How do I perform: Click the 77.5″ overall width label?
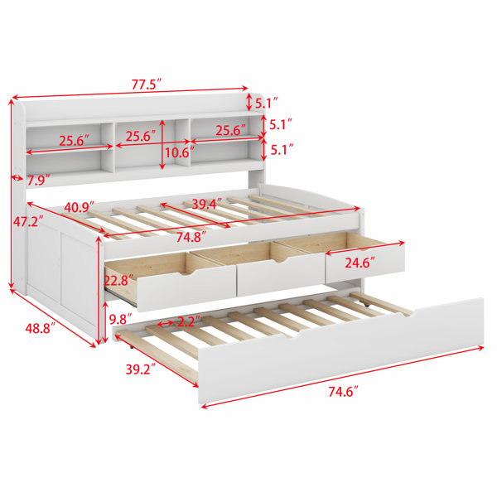(x=147, y=85)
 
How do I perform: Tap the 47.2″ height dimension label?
(x=28, y=221)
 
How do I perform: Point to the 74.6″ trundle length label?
(x=343, y=392)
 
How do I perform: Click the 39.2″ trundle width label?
(x=141, y=369)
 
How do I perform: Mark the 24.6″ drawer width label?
(x=360, y=263)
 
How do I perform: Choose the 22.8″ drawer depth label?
(x=118, y=281)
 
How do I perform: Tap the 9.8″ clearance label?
(x=120, y=319)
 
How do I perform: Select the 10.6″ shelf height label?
(x=177, y=153)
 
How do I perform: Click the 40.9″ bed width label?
(x=80, y=207)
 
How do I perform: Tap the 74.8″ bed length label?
(x=191, y=237)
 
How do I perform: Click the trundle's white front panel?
(x=341, y=351)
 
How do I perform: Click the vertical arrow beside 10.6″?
(x=162, y=144)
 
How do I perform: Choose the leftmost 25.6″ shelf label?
(x=74, y=141)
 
